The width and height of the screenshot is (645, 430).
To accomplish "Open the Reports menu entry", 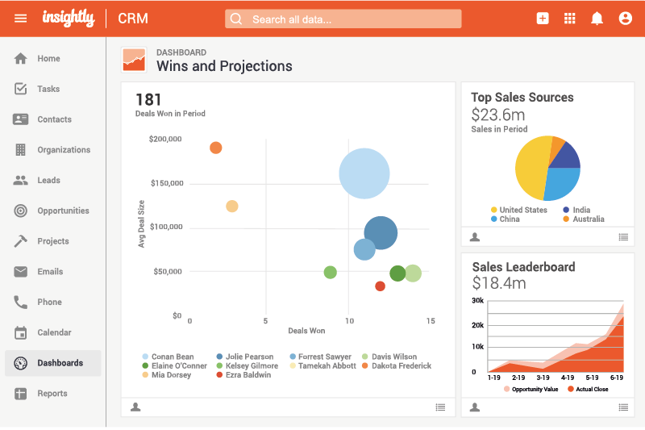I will point(52,394).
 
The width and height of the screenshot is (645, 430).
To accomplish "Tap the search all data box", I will point(343,19).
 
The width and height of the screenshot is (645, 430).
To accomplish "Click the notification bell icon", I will point(597,19).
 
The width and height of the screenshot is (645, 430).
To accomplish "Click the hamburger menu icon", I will point(21,19).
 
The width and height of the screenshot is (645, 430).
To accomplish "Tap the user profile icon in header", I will point(625,19).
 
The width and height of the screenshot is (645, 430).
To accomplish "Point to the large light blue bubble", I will point(364,173).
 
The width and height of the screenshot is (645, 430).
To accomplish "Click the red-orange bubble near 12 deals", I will point(381,286).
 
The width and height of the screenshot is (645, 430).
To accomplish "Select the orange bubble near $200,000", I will point(216,148).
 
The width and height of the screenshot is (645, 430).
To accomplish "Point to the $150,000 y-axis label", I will point(166,183).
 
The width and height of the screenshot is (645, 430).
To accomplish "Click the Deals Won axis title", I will point(306,331).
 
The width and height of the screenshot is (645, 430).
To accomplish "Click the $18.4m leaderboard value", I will point(499,283).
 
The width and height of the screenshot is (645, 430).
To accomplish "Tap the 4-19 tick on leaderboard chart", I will point(568,377).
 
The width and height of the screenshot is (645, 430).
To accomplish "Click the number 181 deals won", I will point(149,100).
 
